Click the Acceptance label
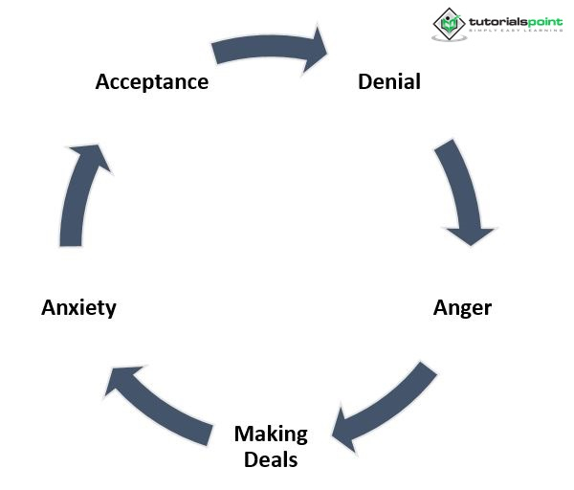151,81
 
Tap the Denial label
388,81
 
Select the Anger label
462,307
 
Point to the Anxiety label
78,307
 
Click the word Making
271,434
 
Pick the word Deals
271,459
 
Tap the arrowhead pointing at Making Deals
344,430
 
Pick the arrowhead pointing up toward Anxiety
124,378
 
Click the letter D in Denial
364,81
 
